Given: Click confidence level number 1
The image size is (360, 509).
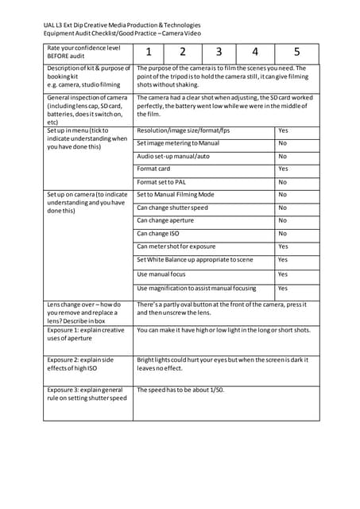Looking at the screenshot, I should (x=148, y=52).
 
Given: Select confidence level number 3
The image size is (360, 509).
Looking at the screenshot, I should (x=219, y=52).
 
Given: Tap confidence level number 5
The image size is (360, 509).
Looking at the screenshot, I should (x=296, y=52).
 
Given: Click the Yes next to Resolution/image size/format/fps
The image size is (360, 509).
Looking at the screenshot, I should (x=283, y=130).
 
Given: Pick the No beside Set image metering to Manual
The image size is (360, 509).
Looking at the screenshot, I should (x=282, y=143).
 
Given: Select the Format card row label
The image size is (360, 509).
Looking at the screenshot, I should (x=153, y=169).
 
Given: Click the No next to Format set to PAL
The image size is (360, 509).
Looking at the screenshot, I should (x=282, y=182).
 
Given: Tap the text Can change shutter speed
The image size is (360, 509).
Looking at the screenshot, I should (x=172, y=208).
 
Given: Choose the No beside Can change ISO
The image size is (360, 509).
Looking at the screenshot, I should (x=282, y=234).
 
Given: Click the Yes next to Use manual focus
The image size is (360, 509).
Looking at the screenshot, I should (x=283, y=274).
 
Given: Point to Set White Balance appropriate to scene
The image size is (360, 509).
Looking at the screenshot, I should (x=195, y=260).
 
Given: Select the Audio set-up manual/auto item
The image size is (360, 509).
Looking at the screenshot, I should (x=173, y=156).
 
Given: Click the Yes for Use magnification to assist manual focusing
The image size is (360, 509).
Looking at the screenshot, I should (x=283, y=288).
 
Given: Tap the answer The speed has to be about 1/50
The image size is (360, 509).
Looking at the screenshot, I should (x=181, y=390).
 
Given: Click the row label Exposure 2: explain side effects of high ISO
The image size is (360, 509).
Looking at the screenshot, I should (x=85, y=364).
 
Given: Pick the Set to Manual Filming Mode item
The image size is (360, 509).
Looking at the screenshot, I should (x=176, y=194).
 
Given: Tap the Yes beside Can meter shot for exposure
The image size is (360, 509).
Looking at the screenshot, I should (x=283, y=247).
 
